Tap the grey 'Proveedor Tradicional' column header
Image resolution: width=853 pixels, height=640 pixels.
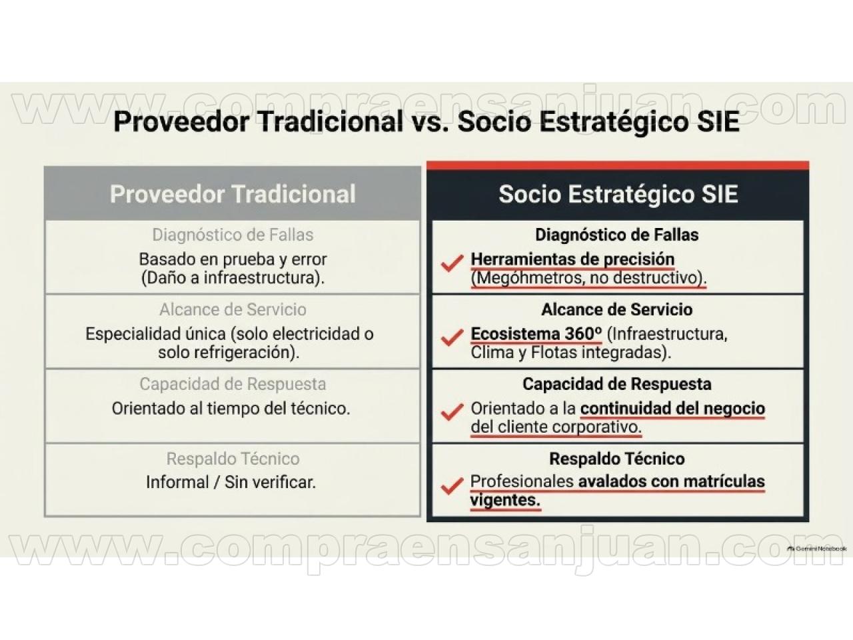pos(233,194)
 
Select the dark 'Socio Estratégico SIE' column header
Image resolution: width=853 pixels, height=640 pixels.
pos(618,194)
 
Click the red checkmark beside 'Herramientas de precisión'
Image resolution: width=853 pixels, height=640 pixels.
pos(452,263)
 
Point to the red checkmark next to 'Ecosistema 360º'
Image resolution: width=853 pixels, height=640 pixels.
pos(452,337)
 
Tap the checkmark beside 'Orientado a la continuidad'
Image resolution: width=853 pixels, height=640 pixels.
pos(452,412)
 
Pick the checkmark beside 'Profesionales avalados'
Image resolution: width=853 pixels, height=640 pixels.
pos(452,486)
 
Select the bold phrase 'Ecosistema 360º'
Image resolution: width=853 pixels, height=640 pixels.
pos(536,334)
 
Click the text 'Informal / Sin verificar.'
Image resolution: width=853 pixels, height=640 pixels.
pos(231,483)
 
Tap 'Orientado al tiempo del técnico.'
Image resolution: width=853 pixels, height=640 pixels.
pos(231,409)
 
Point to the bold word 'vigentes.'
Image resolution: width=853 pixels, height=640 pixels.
pos(505,500)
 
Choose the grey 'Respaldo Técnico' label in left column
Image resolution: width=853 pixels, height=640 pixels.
pos(233,459)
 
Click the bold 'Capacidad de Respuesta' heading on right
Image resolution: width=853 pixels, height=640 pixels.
pos(617,384)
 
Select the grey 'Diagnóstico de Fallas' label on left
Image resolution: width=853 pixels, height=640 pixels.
pos(233,235)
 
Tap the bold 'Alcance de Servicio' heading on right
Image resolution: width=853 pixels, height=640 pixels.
pos(617,310)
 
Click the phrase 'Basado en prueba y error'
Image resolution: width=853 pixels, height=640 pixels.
pos(233,259)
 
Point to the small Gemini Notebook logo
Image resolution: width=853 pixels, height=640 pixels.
pos(817,549)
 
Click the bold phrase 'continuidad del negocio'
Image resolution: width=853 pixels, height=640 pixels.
pos(672,409)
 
